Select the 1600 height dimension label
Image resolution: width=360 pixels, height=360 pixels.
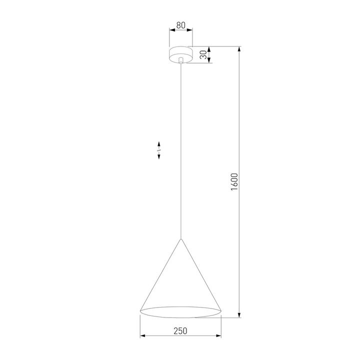click(233, 182)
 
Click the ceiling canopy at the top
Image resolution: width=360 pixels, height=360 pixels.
click(180, 53)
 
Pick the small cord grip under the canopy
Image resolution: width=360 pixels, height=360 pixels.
click(180, 61)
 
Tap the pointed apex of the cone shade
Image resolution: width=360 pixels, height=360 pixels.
click(180, 239)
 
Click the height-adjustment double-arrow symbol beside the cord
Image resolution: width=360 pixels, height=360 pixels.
click(158, 149)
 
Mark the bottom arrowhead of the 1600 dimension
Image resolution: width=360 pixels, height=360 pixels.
click(240, 315)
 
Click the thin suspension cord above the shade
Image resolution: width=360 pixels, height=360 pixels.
click(180, 150)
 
